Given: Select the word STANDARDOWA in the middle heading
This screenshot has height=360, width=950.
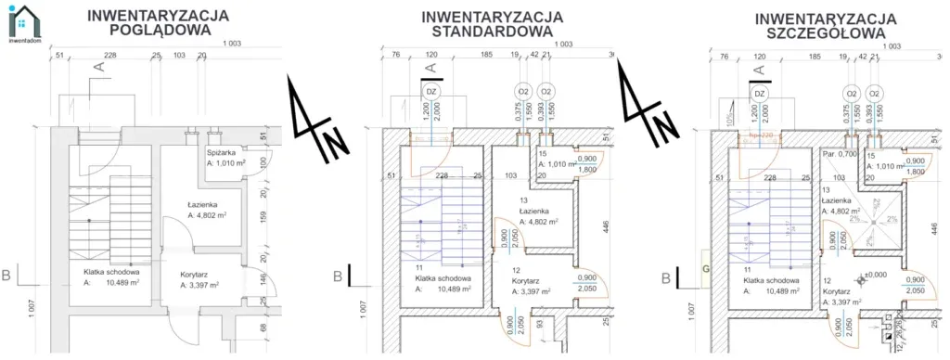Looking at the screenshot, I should (492, 32).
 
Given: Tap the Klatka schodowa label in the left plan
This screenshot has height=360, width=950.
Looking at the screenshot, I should (109, 272).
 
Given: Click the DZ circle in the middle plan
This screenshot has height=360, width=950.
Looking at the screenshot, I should (430, 93).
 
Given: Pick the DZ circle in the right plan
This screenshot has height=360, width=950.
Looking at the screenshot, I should (760, 94).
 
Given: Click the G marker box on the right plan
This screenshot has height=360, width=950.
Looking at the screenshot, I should (706, 269).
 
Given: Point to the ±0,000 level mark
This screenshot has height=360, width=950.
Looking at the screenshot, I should (875, 275).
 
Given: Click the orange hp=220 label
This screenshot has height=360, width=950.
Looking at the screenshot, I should (761, 135).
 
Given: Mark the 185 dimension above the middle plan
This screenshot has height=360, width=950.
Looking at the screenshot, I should (486, 57).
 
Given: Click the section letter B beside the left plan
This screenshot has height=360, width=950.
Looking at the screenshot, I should (6, 275).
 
